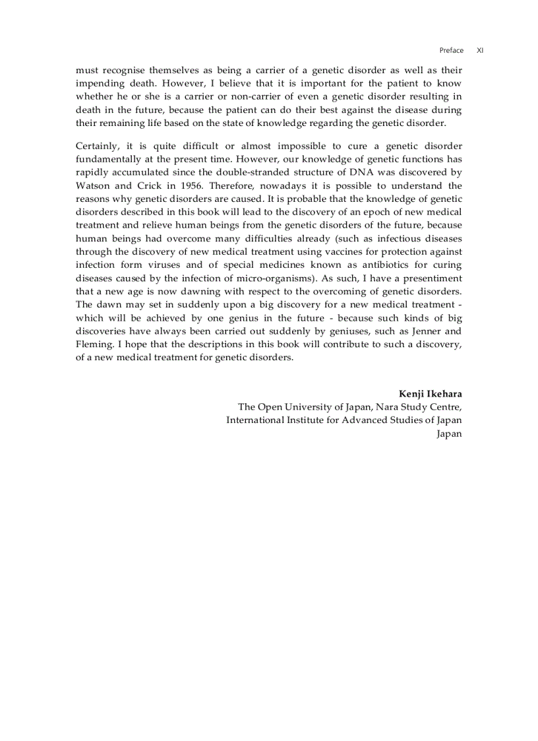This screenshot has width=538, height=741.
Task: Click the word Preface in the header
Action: point(451,50)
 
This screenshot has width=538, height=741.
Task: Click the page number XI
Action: point(480,50)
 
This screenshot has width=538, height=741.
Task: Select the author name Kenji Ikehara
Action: point(430,394)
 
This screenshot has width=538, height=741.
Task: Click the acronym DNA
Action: point(343,172)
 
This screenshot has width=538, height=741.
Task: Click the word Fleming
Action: point(94,344)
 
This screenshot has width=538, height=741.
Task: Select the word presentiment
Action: point(429,278)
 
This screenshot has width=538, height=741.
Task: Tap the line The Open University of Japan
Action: point(349,406)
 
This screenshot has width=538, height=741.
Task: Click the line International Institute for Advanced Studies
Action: point(344,420)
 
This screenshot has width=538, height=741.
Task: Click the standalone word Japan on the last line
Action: point(449,433)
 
